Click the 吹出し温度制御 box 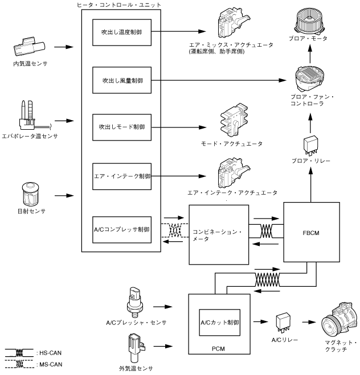[123, 34]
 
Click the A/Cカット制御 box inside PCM [219, 323]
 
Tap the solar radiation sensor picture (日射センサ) [28, 194]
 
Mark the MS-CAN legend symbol [18, 364]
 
